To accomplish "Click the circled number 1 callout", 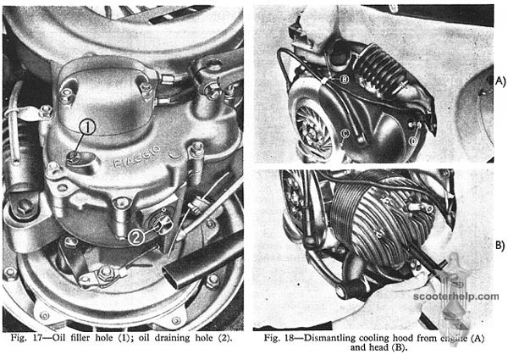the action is coord(88,127).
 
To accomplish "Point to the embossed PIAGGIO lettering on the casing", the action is coord(136,157).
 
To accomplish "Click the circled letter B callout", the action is coord(345,79).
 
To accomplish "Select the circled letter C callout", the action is coord(345,132).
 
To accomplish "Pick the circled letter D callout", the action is coord(413,141).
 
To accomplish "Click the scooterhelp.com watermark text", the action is coord(456,296).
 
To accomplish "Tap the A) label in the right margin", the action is coord(500,81).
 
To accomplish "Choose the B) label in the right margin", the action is coord(500,246).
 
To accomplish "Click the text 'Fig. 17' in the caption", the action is coord(25,338).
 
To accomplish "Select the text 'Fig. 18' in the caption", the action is coord(278,338).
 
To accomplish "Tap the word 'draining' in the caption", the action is coord(172,339).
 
